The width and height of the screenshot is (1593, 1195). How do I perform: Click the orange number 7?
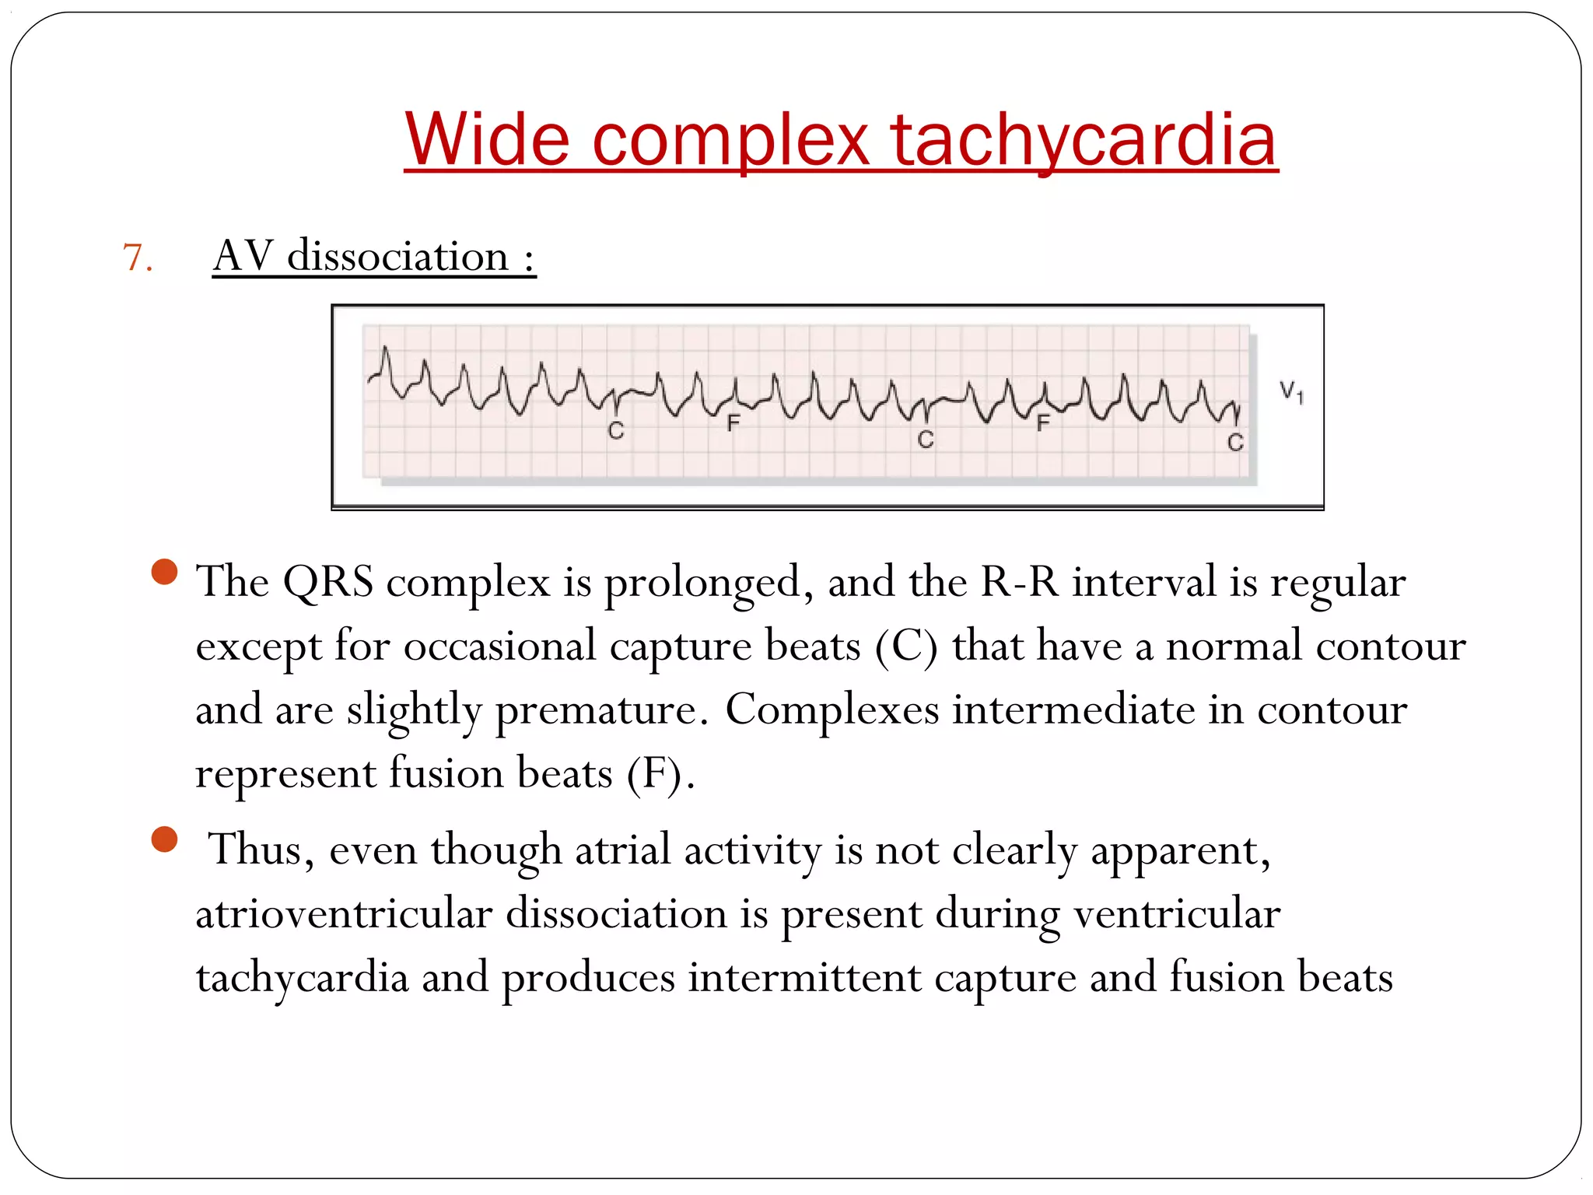point(136,258)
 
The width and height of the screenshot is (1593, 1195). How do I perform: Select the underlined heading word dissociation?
point(397,256)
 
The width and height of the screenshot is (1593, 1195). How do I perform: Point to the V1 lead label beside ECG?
point(1291,391)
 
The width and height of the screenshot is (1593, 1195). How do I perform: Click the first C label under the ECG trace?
point(616,430)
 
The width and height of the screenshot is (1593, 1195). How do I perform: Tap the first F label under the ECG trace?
point(733,422)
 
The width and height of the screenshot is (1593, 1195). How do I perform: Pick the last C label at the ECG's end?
point(1235,443)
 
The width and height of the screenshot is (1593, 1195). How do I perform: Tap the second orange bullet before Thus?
point(165,839)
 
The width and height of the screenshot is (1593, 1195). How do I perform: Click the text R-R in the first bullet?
point(1020,583)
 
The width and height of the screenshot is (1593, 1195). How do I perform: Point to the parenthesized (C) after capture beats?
point(906,647)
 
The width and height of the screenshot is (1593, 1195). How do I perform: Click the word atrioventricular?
point(343,913)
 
